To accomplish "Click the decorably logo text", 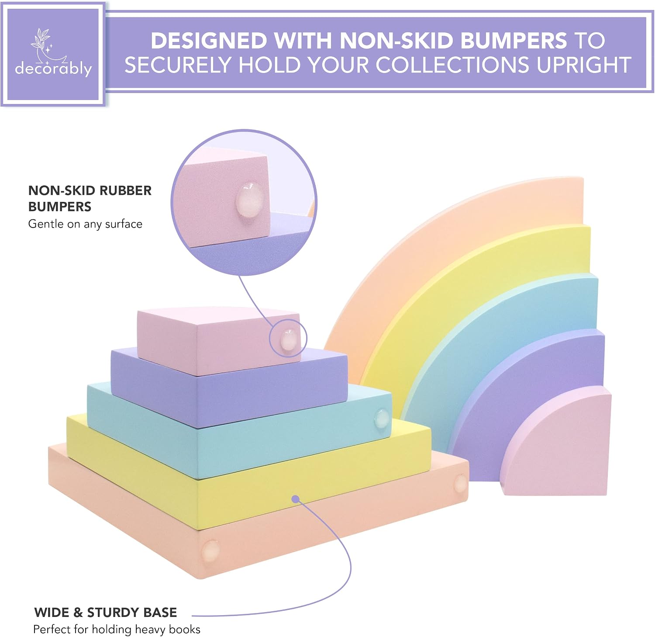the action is coord(53,69).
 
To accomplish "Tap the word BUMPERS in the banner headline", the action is coord(514,41).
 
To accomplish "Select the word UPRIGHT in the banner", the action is coord(584,65).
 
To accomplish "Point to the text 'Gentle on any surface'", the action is coord(85,224).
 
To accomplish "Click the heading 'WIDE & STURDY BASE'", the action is coord(106,612).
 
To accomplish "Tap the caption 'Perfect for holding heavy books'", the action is coord(117,629).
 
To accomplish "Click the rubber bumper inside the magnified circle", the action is coord(250,200).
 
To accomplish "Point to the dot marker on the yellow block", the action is coord(296,499).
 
